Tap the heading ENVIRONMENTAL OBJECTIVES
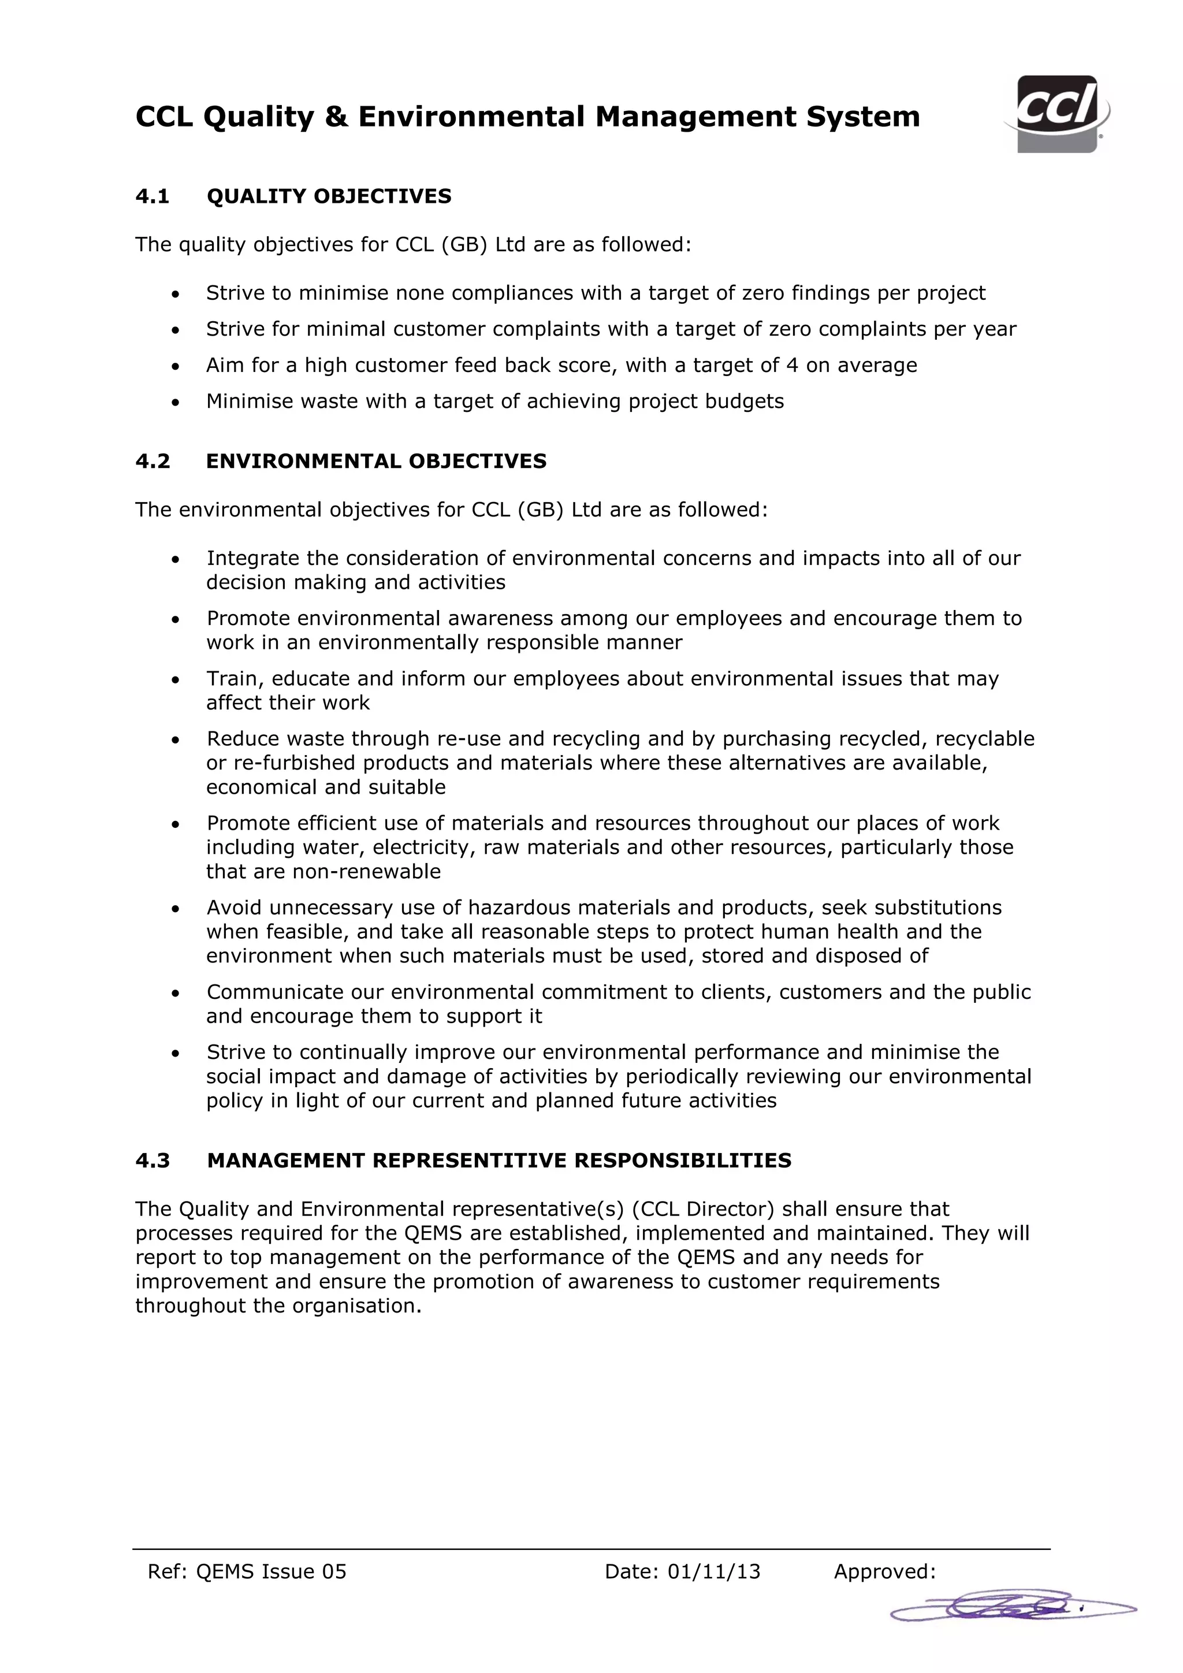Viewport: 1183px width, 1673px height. coord(376,461)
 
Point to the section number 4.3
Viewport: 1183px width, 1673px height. coord(152,1161)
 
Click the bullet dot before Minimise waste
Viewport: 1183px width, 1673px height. coord(175,402)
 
